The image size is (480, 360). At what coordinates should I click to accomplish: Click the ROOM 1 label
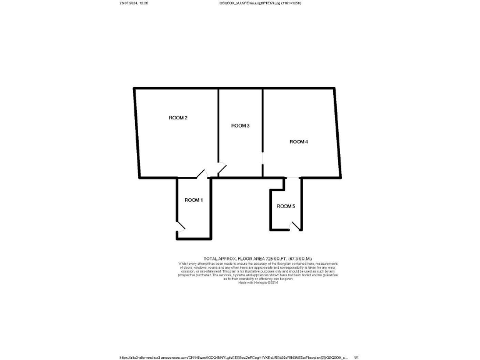[x=193, y=200]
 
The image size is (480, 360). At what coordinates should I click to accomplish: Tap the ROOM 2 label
[x=178, y=117]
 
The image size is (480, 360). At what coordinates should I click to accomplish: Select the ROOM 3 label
[x=240, y=126]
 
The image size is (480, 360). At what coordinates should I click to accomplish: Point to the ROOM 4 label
[x=298, y=142]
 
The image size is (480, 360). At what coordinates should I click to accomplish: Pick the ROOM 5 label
[x=286, y=206]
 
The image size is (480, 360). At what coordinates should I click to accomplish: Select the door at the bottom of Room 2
[x=201, y=173]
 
